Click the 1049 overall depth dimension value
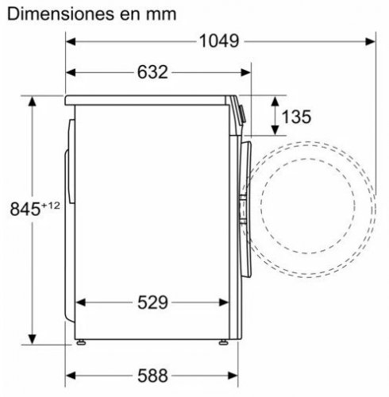219,41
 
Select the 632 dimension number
152,72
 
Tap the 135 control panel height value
296,117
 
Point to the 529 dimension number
152,303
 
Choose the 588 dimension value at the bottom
152,376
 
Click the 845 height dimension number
25,209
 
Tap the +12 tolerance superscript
50,206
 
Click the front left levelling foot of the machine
223,342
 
